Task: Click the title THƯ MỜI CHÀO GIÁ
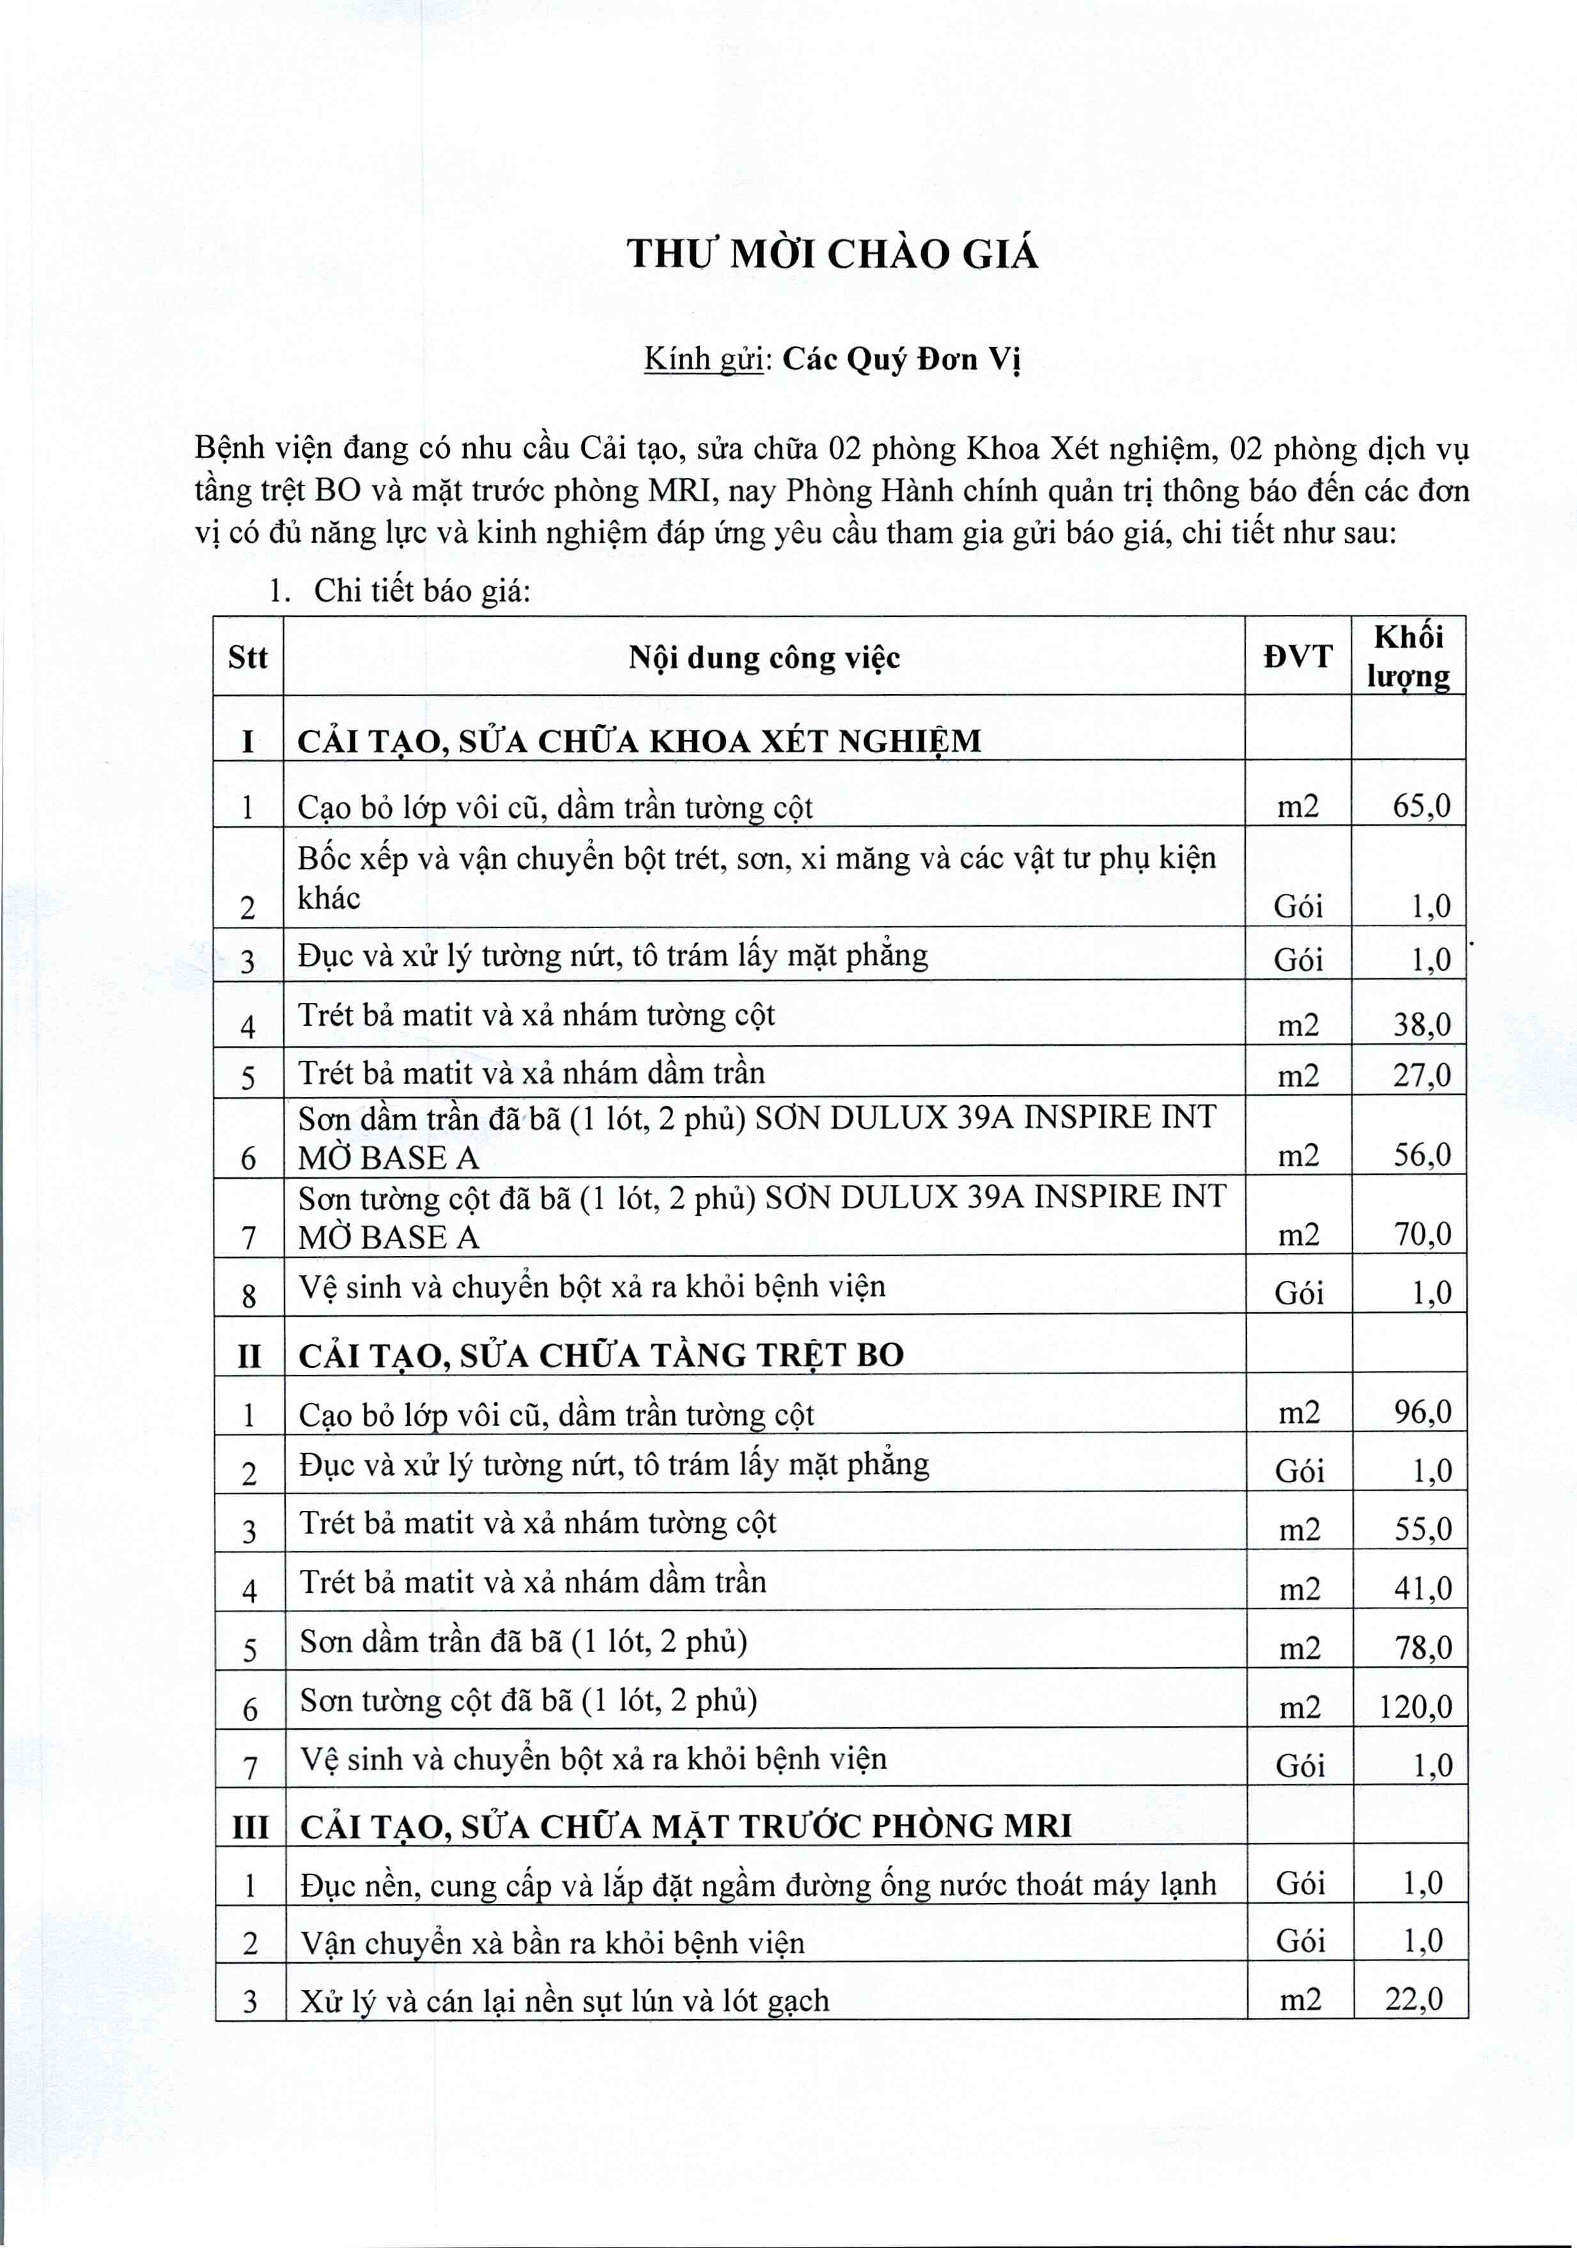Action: [x=832, y=254]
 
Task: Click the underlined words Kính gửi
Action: [x=703, y=360]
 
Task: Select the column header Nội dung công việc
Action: [x=763, y=658]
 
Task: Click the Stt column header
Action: [x=247, y=658]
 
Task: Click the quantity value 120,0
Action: [x=1415, y=1707]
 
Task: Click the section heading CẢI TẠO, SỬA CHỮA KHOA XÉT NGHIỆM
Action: [x=638, y=741]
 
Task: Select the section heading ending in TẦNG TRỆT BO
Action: [x=601, y=1355]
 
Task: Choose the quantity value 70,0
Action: [x=1422, y=1235]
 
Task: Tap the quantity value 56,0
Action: [x=1422, y=1156]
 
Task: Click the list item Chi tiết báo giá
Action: [x=421, y=591]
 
